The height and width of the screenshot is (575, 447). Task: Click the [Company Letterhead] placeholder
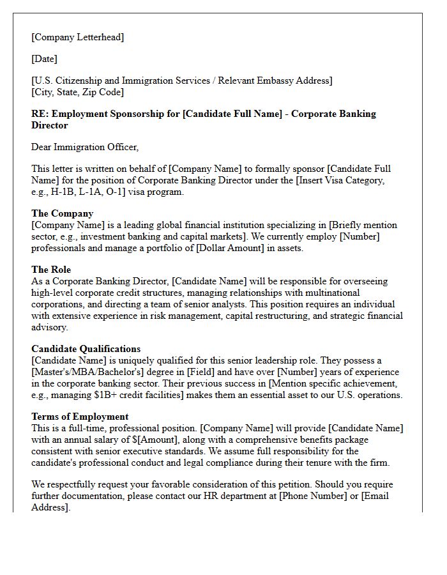click(x=77, y=37)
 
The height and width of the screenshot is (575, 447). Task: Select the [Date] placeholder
click(x=44, y=59)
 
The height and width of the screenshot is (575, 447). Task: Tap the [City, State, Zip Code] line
click(x=77, y=92)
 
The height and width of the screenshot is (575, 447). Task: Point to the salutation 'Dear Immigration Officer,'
click(x=84, y=147)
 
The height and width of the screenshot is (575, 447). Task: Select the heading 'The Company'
click(x=62, y=213)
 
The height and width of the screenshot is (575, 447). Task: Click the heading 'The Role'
click(x=51, y=270)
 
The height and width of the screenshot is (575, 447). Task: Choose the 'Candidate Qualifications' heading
click(x=86, y=349)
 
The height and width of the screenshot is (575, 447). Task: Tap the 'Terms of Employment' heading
click(x=80, y=417)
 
